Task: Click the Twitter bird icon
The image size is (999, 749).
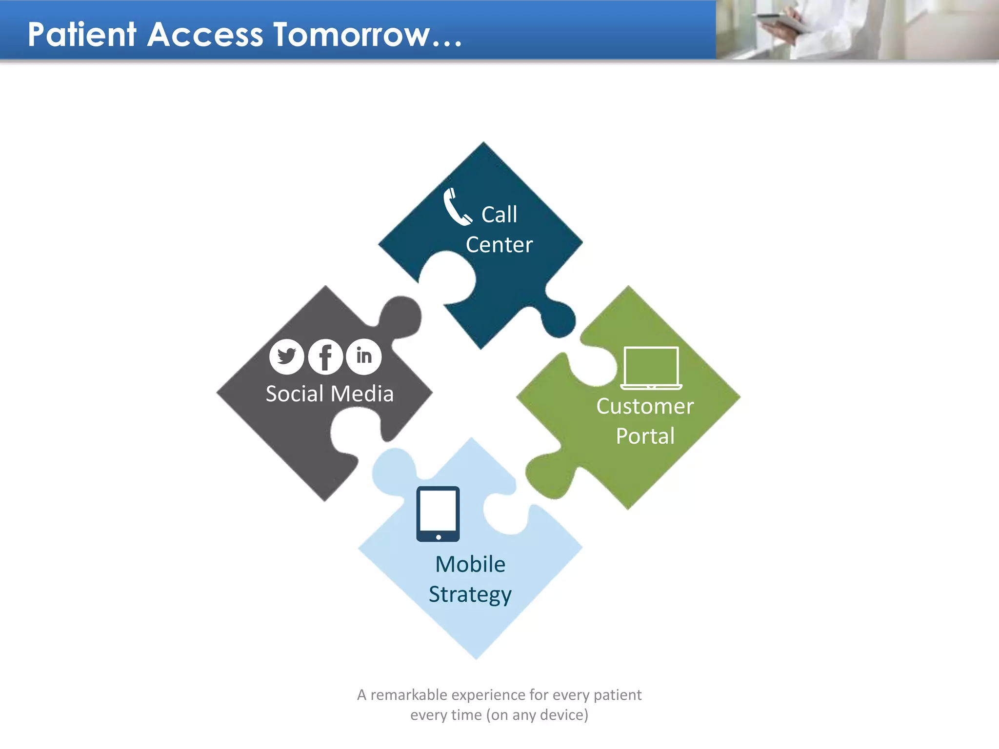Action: coord(286,356)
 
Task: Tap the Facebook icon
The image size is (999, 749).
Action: coord(325,356)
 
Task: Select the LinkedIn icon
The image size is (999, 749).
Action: coord(364,356)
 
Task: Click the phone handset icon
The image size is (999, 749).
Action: coord(456,207)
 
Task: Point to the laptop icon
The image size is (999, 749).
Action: coord(651,368)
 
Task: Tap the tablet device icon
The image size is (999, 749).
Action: coord(438,513)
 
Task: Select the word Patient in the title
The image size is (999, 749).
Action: coord(82,35)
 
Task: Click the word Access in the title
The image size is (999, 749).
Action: coord(205,35)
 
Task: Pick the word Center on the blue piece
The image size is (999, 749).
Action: coord(499,245)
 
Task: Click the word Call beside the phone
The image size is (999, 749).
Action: coord(499,215)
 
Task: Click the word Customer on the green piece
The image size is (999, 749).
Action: coord(645,406)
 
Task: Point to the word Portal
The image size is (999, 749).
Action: coord(645,436)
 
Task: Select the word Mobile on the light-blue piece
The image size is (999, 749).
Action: coord(470,564)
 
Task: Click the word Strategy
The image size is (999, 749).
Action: coord(470,594)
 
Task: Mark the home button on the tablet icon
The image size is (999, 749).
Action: coord(439,537)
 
